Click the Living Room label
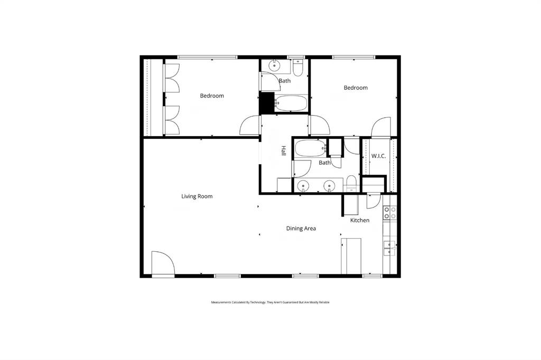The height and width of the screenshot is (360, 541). (197, 196)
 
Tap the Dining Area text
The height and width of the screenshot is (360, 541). (301, 229)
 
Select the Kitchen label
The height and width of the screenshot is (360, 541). (360, 220)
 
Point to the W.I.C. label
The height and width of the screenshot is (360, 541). (378, 156)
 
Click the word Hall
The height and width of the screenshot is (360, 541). (283, 151)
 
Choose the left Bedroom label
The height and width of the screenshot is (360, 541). (211, 96)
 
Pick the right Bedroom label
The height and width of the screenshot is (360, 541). (356, 88)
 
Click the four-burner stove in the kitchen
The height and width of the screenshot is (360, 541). (390, 212)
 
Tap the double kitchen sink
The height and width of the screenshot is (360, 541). (390, 248)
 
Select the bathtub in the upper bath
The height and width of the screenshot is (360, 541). (291, 103)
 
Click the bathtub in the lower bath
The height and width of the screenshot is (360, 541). (310, 148)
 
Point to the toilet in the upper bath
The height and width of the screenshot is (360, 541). (298, 69)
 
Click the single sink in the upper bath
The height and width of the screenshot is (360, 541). (275, 66)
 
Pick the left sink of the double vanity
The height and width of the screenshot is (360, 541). (303, 185)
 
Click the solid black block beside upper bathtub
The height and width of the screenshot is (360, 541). (265, 102)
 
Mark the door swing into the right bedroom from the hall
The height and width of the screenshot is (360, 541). (320, 125)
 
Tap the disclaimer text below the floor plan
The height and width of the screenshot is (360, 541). (270, 302)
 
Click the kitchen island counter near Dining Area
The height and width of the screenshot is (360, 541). (351, 256)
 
